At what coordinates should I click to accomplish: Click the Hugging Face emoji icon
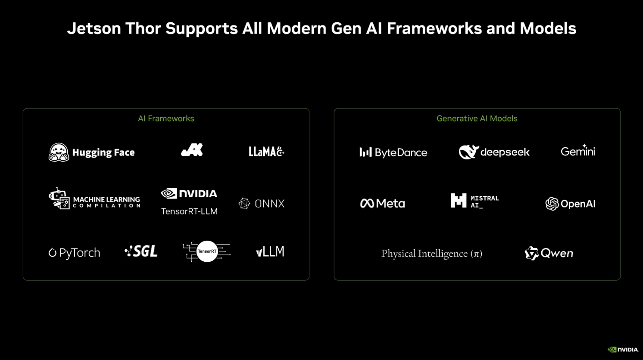[x=59, y=152]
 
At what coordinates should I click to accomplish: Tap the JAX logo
[x=192, y=150]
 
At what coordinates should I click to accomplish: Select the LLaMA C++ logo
[x=266, y=152]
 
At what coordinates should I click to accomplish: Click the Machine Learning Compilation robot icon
[x=59, y=199]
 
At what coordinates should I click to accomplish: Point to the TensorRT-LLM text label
[x=189, y=211]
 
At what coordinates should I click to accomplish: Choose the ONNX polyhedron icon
[x=244, y=203]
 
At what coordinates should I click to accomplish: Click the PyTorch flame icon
[x=53, y=253]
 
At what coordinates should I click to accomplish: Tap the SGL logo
[x=141, y=251]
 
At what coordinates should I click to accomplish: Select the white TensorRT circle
[x=207, y=251]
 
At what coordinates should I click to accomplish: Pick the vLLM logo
[x=270, y=251]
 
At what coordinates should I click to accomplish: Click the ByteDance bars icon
[x=365, y=152]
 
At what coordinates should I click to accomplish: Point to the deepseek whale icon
[x=468, y=152]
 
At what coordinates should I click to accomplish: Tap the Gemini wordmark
[x=578, y=151]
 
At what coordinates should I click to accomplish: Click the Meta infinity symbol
[x=367, y=203]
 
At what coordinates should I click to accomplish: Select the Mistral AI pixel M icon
[x=459, y=200]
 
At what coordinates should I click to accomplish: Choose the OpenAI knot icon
[x=552, y=204]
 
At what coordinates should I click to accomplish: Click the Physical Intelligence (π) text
[x=432, y=254]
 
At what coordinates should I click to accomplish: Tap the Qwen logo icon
[x=531, y=253]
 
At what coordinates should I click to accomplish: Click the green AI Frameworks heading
[x=166, y=118]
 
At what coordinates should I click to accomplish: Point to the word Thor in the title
[x=143, y=28]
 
